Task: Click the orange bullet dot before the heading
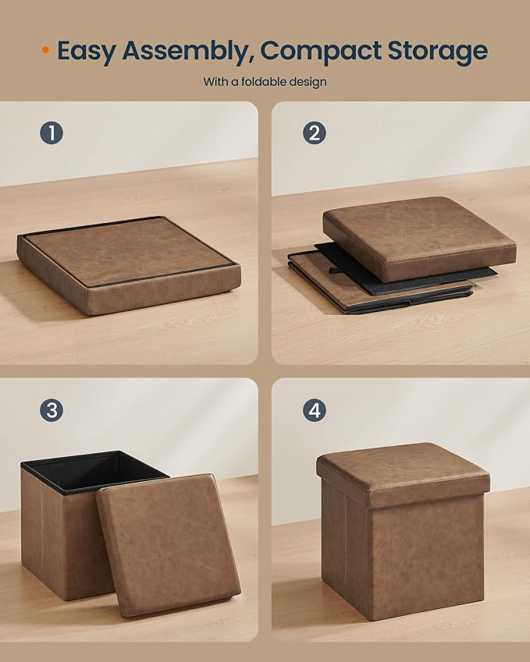click(x=45, y=50)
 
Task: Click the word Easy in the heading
click(x=86, y=51)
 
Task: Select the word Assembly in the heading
click(x=187, y=51)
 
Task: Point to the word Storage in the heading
click(x=438, y=51)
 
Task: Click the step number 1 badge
click(x=52, y=133)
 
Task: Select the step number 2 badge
click(x=315, y=133)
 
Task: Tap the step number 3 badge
click(x=52, y=410)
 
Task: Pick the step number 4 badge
click(x=315, y=410)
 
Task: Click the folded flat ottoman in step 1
click(x=129, y=265)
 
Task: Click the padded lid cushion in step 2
click(x=419, y=238)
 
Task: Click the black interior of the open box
click(x=94, y=471)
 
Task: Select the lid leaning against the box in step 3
click(x=169, y=544)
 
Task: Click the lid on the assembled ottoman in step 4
click(x=403, y=473)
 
